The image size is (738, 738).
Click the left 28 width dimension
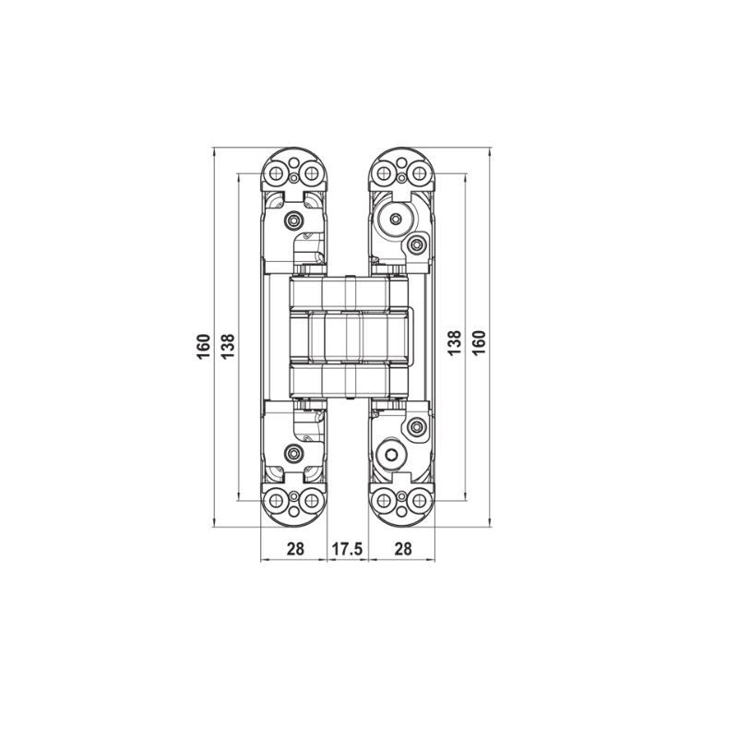[295, 549]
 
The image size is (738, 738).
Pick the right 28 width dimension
[403, 549]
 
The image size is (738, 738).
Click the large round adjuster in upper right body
[396, 220]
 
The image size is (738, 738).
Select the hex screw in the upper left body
[294, 221]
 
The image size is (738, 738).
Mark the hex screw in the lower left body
[294, 455]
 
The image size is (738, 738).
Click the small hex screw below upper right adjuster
[418, 245]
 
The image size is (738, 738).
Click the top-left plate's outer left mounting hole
[275, 172]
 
